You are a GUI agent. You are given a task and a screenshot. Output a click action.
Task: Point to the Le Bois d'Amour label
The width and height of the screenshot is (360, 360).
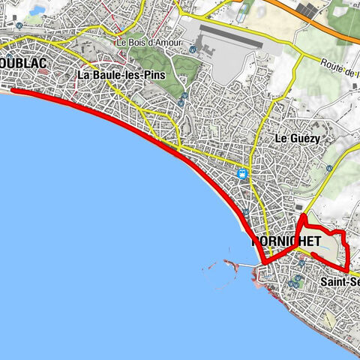click(149, 43)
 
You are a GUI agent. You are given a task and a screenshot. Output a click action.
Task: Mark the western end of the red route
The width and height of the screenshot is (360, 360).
click(13, 91)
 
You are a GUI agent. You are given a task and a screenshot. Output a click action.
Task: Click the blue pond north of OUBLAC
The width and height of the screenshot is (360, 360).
click(37, 10)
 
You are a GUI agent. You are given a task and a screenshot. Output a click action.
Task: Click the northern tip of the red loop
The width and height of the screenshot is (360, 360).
click(302, 216)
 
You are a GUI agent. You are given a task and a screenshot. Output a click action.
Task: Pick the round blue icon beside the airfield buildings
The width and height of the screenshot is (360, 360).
click(193, 49)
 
